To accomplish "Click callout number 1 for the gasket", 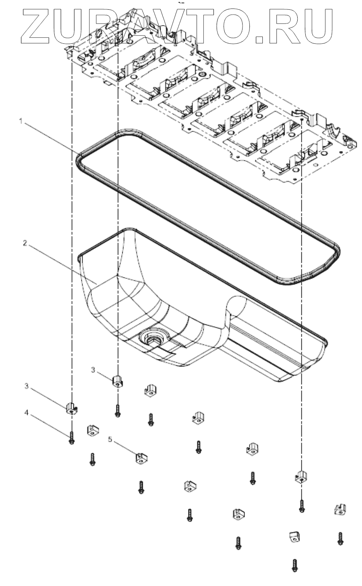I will [x=20, y=121].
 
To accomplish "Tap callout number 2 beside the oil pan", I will [x=25, y=243].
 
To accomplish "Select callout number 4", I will [x=27, y=413].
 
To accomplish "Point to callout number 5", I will [x=110, y=439].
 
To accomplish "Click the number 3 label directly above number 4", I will [x=27, y=386].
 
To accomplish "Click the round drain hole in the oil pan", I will [x=151, y=337].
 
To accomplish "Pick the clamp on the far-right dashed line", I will [x=300, y=477].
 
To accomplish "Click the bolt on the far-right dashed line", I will [x=301, y=505].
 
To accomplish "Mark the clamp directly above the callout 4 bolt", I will [x=71, y=409].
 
